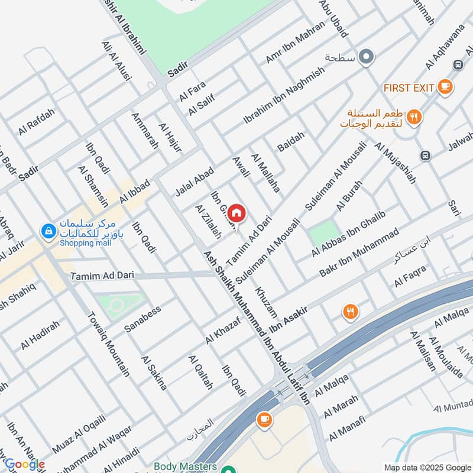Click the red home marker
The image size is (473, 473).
pyautogui.click(x=236, y=213)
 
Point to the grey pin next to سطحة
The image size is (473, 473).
pyautogui.click(x=367, y=57)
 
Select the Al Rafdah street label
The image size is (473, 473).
pyautogui.click(x=36, y=122)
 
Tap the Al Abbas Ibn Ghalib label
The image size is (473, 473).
pyautogui.click(x=348, y=235)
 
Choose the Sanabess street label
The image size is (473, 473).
pyautogui.click(x=142, y=319)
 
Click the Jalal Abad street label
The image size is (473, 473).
pyautogui.click(x=194, y=181)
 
